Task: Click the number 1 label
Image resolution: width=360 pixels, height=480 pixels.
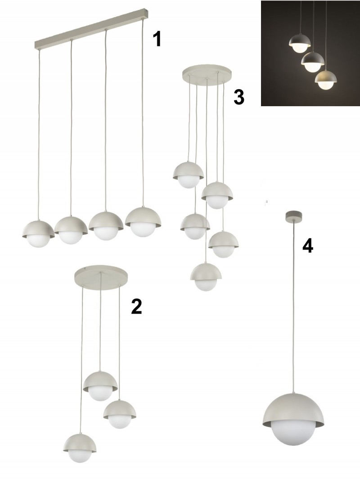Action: (157, 40)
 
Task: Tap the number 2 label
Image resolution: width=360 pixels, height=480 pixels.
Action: (136, 307)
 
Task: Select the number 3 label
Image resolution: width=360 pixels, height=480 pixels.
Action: (239, 97)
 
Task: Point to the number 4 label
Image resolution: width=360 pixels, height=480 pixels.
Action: (308, 246)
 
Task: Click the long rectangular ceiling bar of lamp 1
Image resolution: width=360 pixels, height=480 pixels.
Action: (92, 30)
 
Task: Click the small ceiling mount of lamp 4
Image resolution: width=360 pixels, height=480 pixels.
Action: (294, 216)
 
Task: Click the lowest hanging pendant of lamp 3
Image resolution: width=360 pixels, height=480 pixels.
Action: (206, 277)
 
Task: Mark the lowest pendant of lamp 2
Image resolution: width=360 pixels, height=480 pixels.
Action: (80, 447)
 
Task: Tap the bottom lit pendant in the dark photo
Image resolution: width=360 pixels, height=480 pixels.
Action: (326, 80)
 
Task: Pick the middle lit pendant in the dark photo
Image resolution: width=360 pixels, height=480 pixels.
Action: (313, 62)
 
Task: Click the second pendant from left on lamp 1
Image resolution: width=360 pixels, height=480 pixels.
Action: (71, 230)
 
